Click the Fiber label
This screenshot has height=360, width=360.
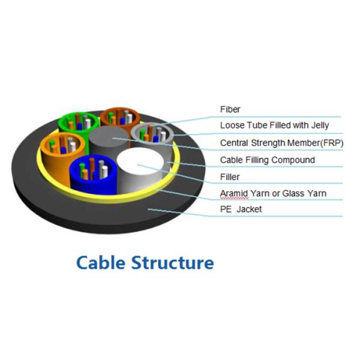(230, 110)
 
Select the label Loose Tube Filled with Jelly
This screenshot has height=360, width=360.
(272, 126)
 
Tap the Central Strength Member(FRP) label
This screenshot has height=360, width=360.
(280, 143)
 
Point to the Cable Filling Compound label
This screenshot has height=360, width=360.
(267, 160)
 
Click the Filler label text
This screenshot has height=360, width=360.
(230, 177)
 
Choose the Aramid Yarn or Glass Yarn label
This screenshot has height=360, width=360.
(274, 193)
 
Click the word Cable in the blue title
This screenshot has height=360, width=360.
(98, 262)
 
